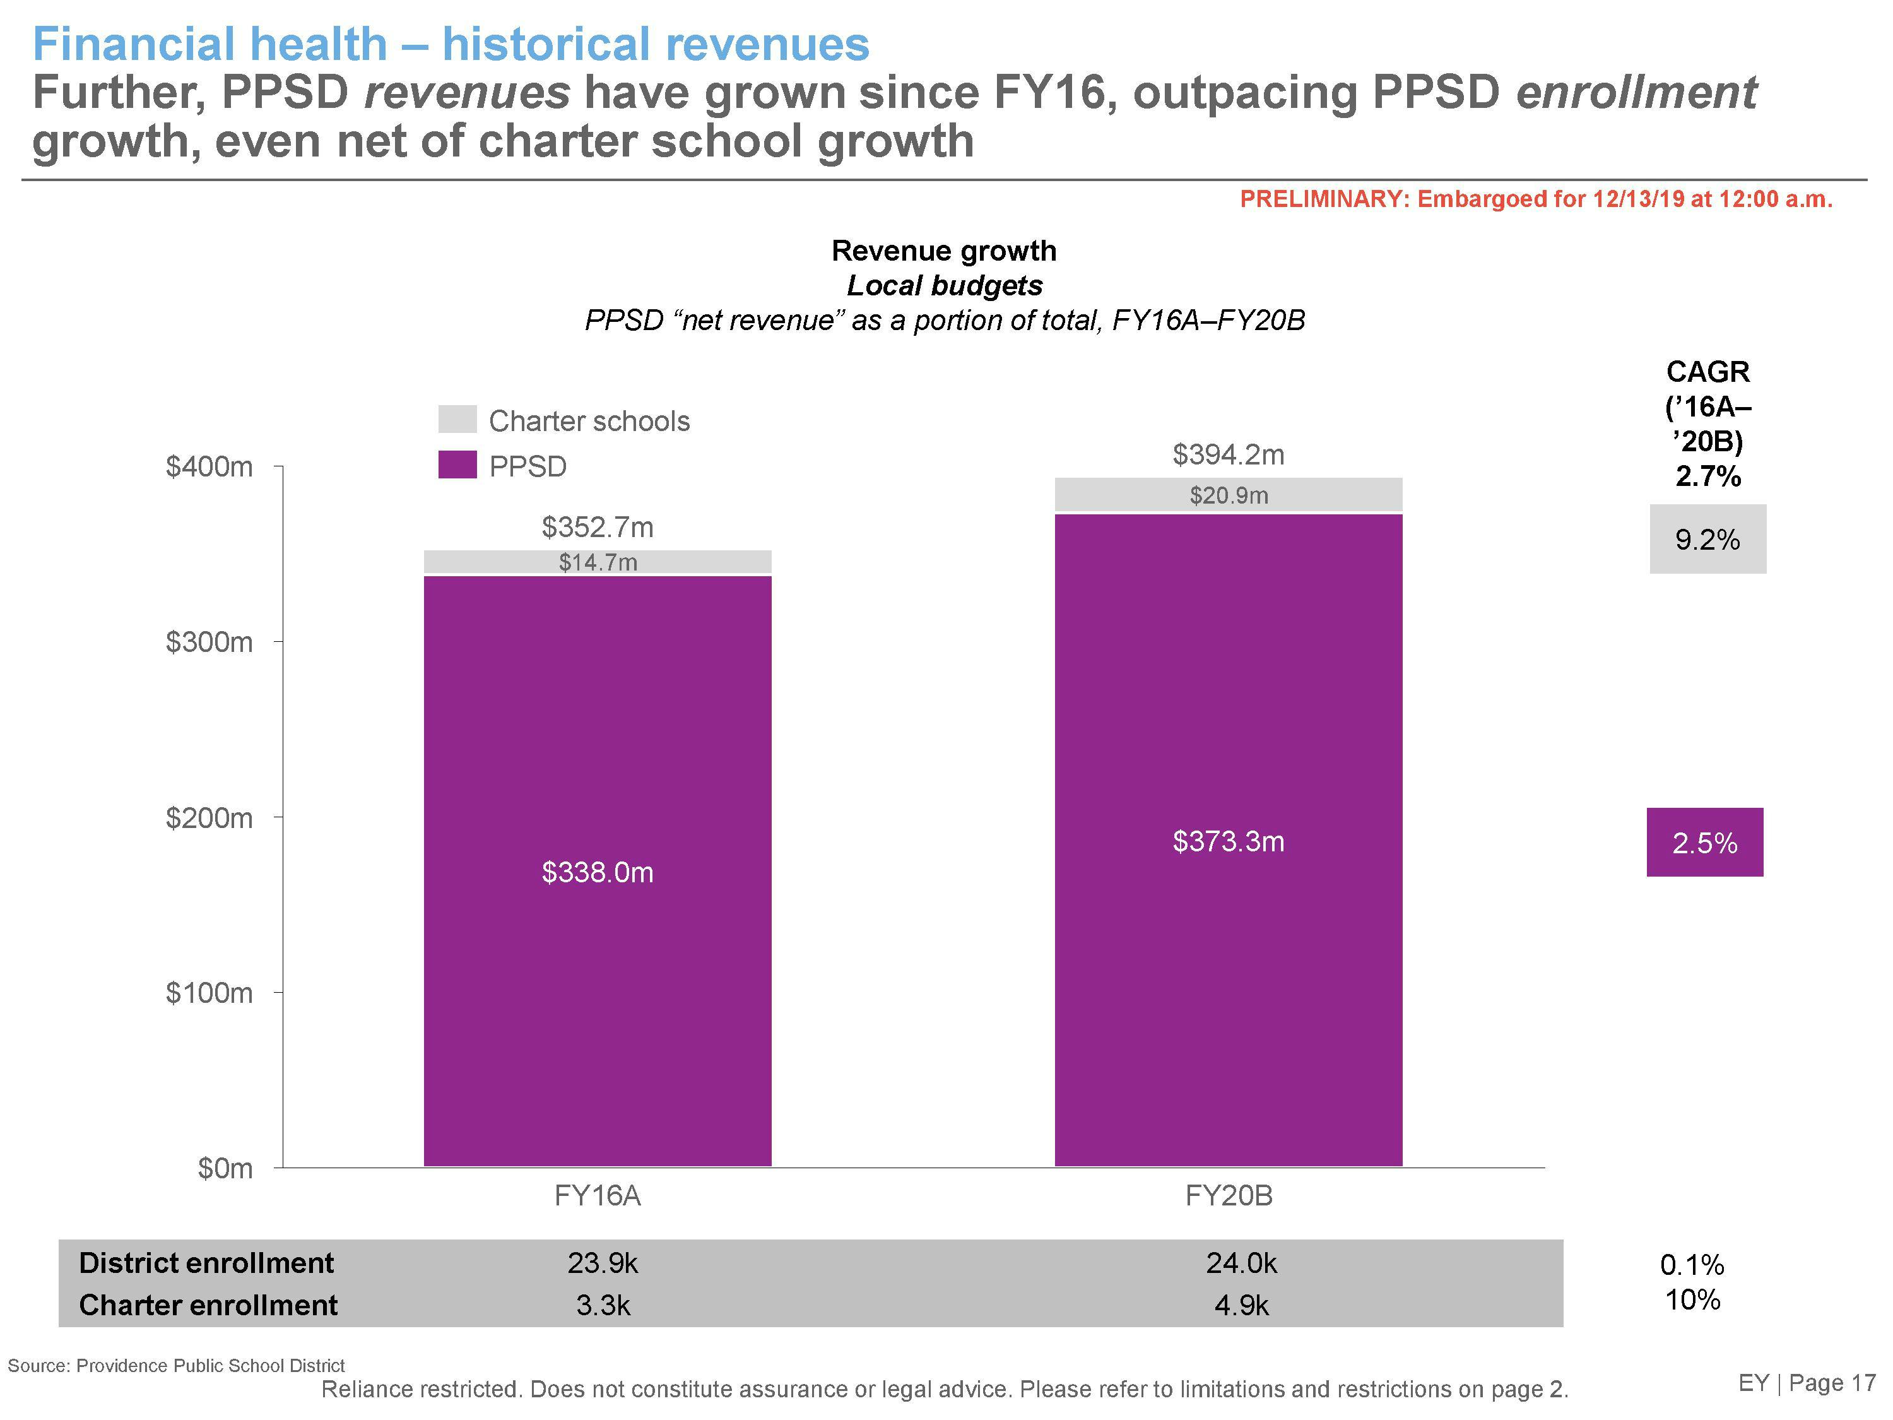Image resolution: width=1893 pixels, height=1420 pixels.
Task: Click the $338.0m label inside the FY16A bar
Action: point(598,872)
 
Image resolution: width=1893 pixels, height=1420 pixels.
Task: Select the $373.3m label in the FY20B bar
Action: point(1228,841)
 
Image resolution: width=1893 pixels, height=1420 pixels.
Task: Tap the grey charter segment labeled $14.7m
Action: point(598,562)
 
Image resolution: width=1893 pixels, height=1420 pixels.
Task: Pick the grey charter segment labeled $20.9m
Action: point(1228,495)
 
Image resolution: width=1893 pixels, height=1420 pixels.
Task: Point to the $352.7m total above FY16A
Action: point(598,527)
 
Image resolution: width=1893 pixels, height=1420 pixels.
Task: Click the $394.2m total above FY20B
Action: point(1228,454)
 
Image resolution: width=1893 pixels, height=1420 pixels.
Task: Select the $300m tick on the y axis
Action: point(209,642)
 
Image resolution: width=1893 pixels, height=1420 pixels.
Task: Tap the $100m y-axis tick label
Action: point(209,993)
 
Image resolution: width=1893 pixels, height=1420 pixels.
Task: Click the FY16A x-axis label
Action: point(598,1196)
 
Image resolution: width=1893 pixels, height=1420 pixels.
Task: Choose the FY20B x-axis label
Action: point(1228,1196)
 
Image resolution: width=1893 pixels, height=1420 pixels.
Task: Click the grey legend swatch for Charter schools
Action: point(457,420)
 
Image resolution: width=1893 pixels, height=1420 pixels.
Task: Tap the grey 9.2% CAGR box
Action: point(1707,539)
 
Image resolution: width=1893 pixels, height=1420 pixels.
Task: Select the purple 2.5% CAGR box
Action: point(1705,843)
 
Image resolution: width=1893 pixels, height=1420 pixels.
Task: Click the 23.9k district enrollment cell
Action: point(603,1263)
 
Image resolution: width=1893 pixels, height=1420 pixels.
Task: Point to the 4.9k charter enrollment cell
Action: point(1241,1305)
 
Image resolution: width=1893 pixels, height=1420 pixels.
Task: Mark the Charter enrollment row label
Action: point(208,1305)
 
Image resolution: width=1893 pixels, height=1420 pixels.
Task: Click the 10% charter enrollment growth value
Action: point(1692,1300)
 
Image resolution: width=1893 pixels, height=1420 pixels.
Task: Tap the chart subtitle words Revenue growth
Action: point(944,251)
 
